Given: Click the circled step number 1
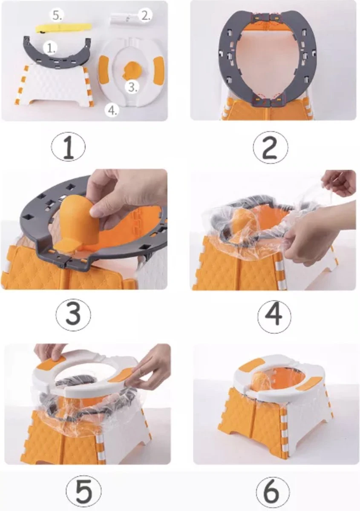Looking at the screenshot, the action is pos(68,146).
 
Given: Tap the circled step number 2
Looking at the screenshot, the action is pos(271,148).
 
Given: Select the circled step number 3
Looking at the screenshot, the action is pos(73,314).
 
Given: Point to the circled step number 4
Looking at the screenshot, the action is pos(274,316).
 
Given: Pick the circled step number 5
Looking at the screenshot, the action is pos(84,482).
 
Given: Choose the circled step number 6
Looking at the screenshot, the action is pos(273,483).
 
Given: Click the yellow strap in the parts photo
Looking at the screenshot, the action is pos(63,28).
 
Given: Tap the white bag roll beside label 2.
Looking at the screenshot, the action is pos(125,18).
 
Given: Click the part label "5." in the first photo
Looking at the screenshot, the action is pos(57,15).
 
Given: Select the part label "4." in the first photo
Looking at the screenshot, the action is pos(112,110).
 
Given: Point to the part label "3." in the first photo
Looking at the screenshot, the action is pos(132,87).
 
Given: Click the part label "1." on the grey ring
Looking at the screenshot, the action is pos(50,49).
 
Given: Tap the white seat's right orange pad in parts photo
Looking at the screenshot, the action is pos(159,69).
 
